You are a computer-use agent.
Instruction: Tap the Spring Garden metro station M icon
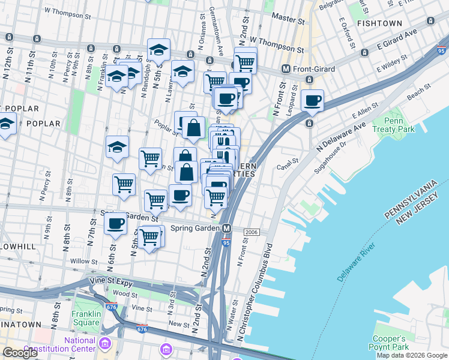coord(227,229)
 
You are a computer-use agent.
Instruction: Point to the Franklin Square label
coord(86,318)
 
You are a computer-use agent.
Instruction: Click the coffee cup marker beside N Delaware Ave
coord(312,101)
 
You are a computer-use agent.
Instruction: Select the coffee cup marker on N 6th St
coord(116,224)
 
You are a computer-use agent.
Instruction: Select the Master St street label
coord(288,18)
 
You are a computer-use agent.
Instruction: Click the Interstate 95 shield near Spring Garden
coord(226,242)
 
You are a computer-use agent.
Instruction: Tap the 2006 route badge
coord(251,232)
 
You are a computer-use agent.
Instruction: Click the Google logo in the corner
coord(20,353)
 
